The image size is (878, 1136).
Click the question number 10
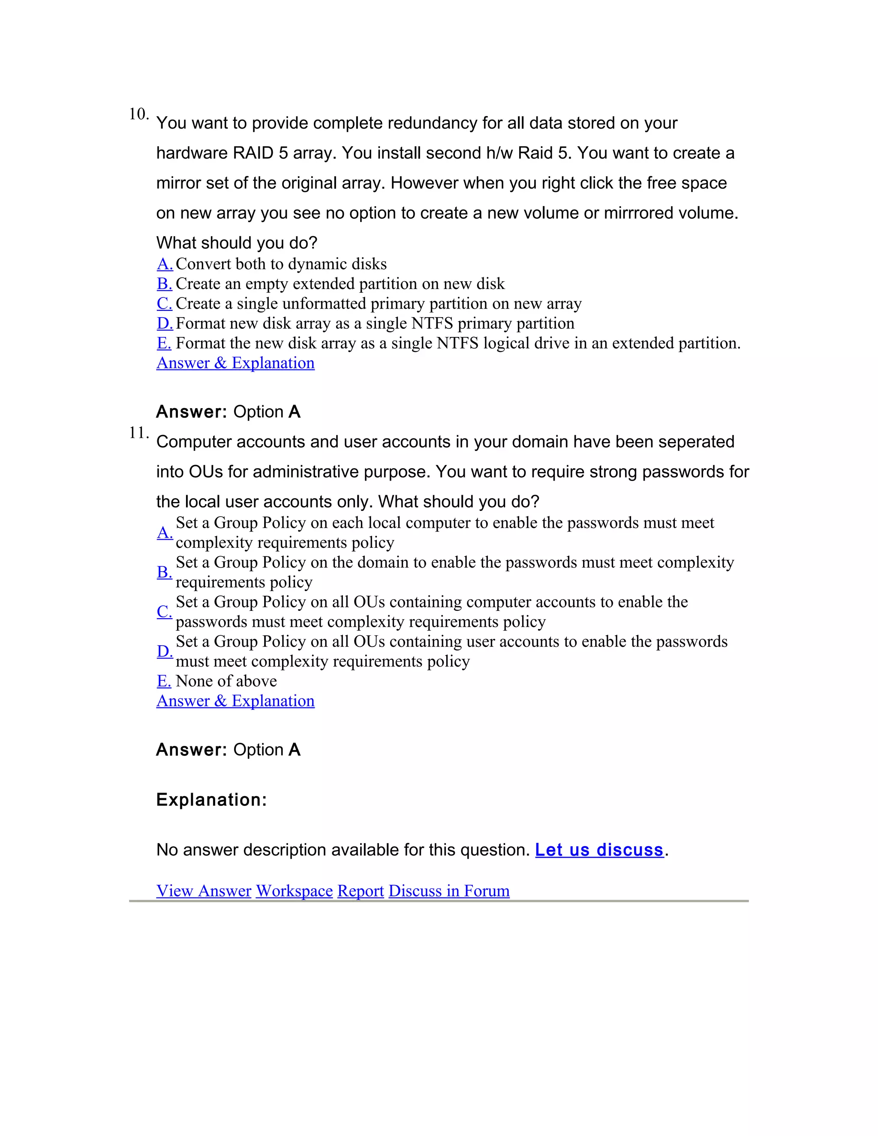138,114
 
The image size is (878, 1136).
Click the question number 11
138,433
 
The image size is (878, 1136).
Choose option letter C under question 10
164,304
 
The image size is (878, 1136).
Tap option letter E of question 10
164,343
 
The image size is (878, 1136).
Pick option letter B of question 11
164,572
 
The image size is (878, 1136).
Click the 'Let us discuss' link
599,850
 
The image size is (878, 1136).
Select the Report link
361,891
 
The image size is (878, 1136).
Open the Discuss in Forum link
449,891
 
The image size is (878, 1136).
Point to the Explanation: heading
211,800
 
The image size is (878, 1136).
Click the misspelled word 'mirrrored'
641,213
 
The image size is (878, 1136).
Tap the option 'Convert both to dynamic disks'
281,264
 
